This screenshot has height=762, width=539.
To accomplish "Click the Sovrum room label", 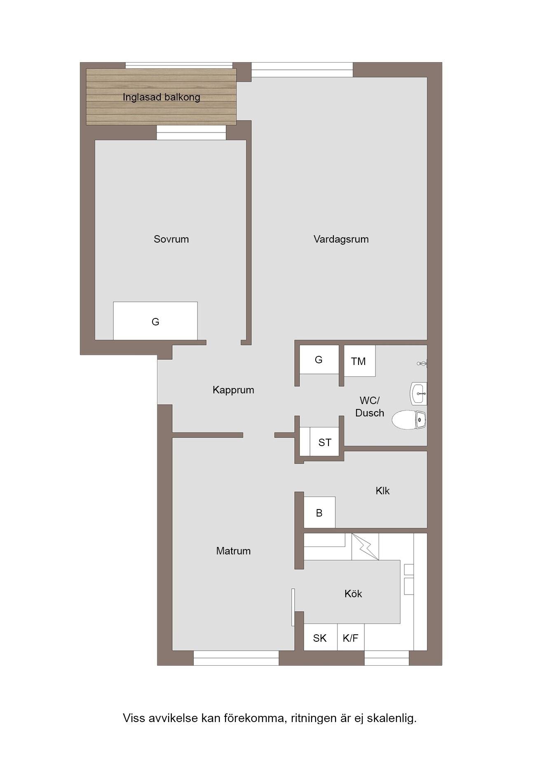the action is click(x=171, y=239).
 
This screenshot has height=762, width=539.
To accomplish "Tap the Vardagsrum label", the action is click(x=341, y=239).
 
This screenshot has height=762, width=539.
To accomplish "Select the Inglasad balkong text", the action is click(x=161, y=97).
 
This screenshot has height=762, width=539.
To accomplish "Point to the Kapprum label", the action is click(x=233, y=390).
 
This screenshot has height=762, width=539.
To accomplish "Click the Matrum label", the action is click(x=233, y=551).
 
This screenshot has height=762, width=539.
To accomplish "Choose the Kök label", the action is click(x=353, y=594).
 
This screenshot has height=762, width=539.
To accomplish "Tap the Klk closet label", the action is click(x=382, y=491).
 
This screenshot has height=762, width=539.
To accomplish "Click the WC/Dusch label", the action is click(x=370, y=407).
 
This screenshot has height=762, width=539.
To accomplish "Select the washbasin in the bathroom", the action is click(x=418, y=393).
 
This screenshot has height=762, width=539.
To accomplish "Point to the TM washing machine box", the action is click(x=360, y=361).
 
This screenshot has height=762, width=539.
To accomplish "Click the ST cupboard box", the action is click(x=324, y=442).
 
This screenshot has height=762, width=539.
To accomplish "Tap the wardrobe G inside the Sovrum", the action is click(x=155, y=321).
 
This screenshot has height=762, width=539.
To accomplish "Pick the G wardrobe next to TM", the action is click(x=319, y=360).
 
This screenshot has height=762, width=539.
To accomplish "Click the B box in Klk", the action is click(x=319, y=512).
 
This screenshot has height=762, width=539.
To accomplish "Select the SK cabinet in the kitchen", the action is click(x=320, y=638).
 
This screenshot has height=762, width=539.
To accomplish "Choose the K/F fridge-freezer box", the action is click(x=351, y=638).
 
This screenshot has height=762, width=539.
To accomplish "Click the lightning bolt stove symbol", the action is click(x=366, y=547).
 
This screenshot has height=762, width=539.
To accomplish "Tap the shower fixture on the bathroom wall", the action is click(x=422, y=363).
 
